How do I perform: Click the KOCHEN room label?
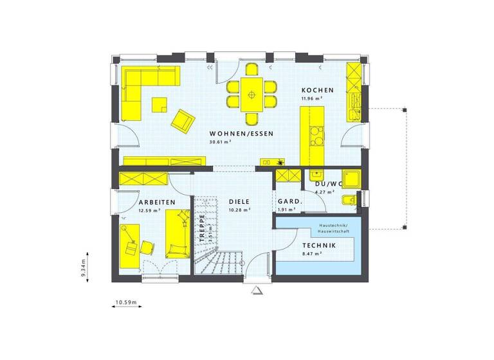[x=317, y=91]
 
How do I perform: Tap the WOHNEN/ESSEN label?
[x=241, y=134]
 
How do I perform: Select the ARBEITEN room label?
[x=156, y=202]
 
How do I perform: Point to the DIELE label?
[x=239, y=202]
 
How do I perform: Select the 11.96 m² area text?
[x=313, y=99]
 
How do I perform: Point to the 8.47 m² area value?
[x=312, y=254]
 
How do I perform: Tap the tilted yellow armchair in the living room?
[x=183, y=120]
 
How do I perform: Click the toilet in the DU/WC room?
[x=347, y=201]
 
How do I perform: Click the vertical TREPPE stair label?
[x=201, y=228]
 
